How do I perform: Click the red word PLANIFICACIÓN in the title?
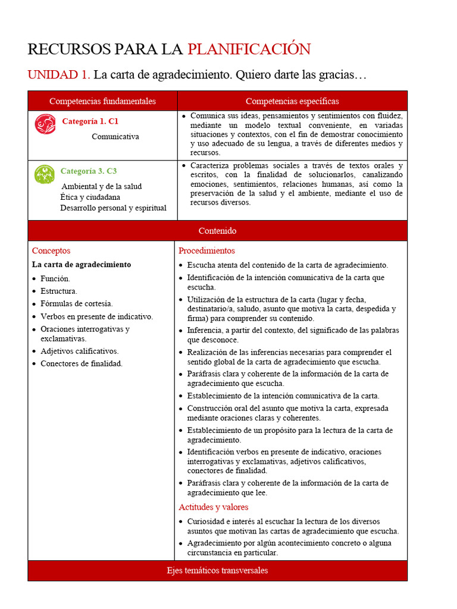click(249, 49)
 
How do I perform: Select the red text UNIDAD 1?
click(58, 75)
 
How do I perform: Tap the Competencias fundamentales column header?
click(102, 101)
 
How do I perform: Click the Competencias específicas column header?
click(292, 101)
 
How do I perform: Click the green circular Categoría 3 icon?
click(45, 174)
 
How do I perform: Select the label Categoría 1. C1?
click(90, 121)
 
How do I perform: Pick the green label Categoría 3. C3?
click(89, 171)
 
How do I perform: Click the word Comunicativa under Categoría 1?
click(115, 137)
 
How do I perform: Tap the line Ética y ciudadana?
click(90, 197)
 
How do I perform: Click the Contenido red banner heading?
click(217, 231)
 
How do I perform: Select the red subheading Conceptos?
click(51, 251)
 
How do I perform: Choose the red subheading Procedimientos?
click(206, 251)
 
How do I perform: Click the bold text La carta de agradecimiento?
click(82, 265)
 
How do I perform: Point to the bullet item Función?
click(55, 278)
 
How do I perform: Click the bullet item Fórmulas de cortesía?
click(76, 303)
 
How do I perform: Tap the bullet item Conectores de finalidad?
click(81, 363)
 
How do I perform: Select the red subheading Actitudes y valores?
click(214, 507)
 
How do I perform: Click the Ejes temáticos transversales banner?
click(217, 571)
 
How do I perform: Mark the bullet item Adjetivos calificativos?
click(79, 351)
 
